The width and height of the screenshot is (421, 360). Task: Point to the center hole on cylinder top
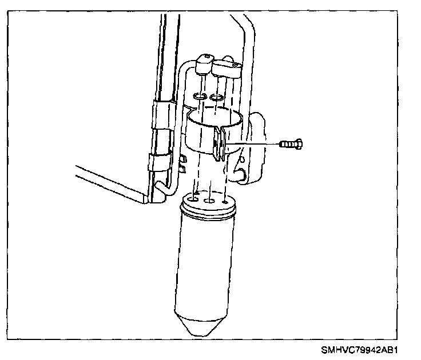210,202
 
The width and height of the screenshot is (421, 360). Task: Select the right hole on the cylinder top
227,201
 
